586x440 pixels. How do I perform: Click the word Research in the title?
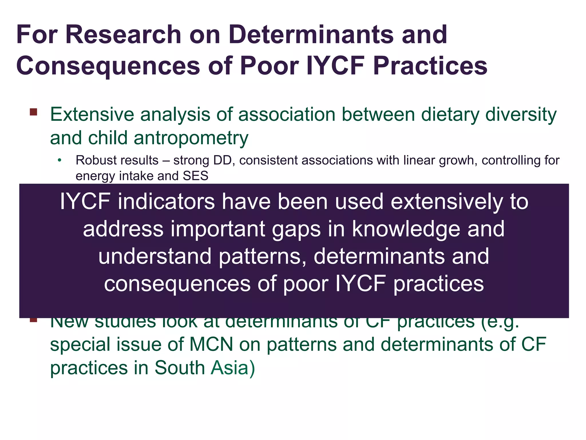(123, 35)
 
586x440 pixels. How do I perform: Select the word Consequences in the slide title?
(108, 66)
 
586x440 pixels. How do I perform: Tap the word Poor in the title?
(269, 66)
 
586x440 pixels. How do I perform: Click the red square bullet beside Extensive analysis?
(33, 112)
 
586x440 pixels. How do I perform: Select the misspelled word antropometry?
(191, 138)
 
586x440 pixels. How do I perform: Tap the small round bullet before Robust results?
(59, 160)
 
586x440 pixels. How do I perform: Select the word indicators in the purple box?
(166, 201)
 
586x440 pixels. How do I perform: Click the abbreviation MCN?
(211, 345)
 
